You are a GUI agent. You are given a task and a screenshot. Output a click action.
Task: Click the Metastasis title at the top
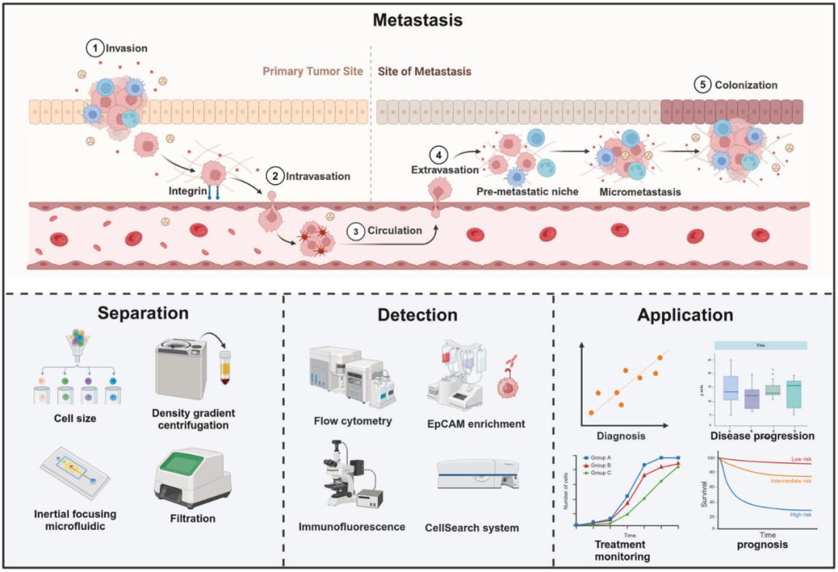pyautogui.click(x=417, y=20)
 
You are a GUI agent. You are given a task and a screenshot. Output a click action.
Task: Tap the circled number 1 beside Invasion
pyautogui.click(x=95, y=48)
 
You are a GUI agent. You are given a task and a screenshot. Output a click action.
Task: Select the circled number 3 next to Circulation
pyautogui.click(x=355, y=231)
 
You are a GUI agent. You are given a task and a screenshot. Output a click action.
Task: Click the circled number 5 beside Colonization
pyautogui.click(x=703, y=85)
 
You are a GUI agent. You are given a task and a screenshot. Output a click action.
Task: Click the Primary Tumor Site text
pyautogui.click(x=313, y=71)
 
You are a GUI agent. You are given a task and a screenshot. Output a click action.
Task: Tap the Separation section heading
pyautogui.click(x=143, y=314)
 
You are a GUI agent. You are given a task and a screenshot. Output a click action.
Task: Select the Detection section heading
pyautogui.click(x=417, y=315)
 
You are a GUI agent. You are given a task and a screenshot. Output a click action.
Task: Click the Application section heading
pyautogui.click(x=685, y=315)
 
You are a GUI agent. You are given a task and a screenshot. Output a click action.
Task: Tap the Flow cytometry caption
pyautogui.click(x=353, y=421)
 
